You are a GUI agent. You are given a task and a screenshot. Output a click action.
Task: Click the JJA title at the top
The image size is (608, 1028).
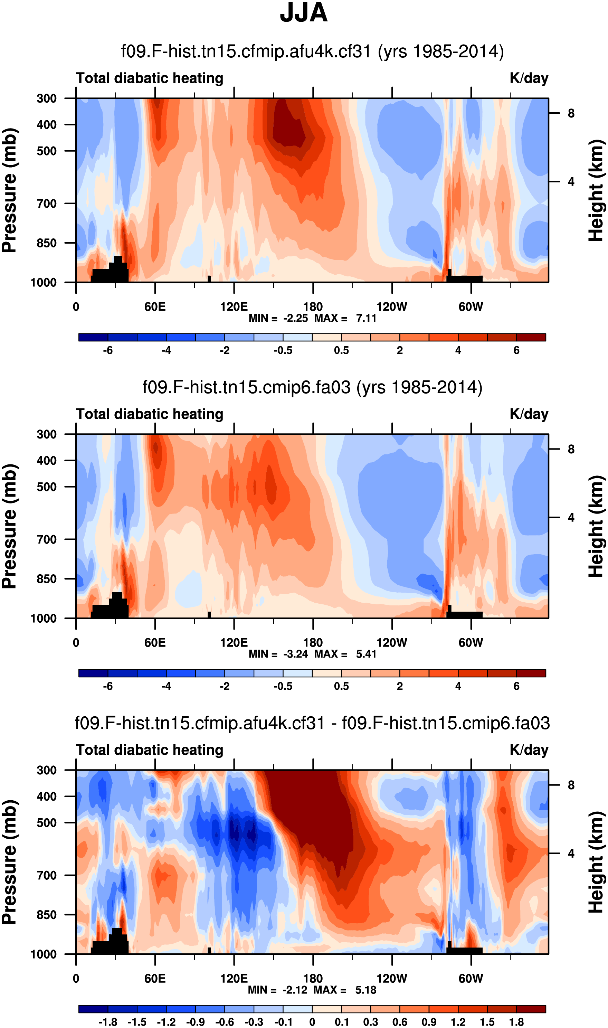(304, 13)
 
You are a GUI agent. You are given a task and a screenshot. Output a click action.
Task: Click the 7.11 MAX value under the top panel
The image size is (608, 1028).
(366, 318)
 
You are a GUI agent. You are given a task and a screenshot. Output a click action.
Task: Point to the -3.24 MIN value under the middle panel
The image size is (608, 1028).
(295, 654)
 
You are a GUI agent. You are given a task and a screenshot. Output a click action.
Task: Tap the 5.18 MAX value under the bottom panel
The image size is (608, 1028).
(365, 990)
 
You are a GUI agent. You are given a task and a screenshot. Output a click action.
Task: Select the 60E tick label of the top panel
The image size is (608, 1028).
(155, 306)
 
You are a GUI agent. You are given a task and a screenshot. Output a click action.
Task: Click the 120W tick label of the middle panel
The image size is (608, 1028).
(392, 642)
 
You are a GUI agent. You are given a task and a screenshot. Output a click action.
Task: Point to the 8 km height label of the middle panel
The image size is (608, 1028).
(571, 450)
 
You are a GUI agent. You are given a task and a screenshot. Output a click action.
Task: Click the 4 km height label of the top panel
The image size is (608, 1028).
(571, 181)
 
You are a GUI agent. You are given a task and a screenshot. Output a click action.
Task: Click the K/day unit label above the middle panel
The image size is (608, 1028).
(529, 414)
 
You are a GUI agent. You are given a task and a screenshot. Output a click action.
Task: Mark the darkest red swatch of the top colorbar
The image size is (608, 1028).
(531, 337)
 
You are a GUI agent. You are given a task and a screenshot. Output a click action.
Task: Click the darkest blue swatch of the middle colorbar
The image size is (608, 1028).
(93, 673)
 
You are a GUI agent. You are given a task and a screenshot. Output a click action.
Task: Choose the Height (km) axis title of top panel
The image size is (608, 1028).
(596, 190)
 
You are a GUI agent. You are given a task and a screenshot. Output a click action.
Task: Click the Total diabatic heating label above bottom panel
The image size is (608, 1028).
(150, 750)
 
